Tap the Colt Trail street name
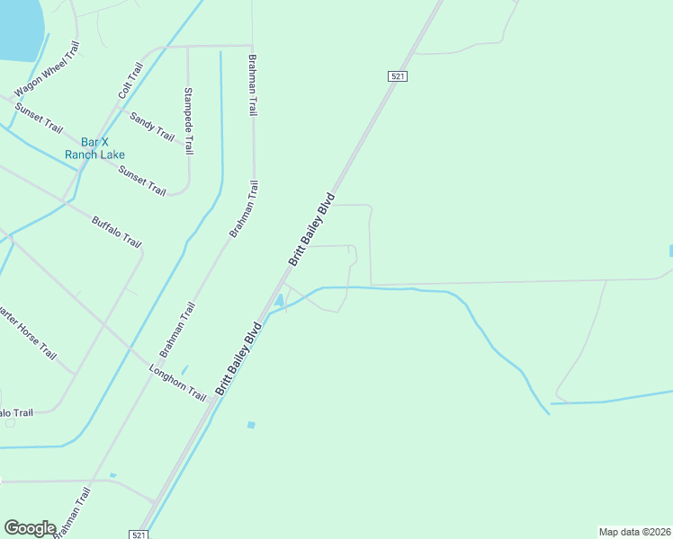tap(130, 81)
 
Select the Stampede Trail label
tap(189, 119)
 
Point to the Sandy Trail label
tap(151, 126)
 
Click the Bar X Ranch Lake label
tap(94, 148)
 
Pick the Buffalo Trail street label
tap(117, 231)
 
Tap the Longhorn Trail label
tap(178, 383)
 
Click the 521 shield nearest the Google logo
tap(139, 535)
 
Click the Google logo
tap(30, 528)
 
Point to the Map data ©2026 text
tap(634, 532)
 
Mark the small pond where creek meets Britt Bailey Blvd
tap(280, 300)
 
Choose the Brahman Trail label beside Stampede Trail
tap(253, 84)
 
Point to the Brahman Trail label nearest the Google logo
tap(72, 513)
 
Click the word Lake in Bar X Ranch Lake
tap(112, 155)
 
